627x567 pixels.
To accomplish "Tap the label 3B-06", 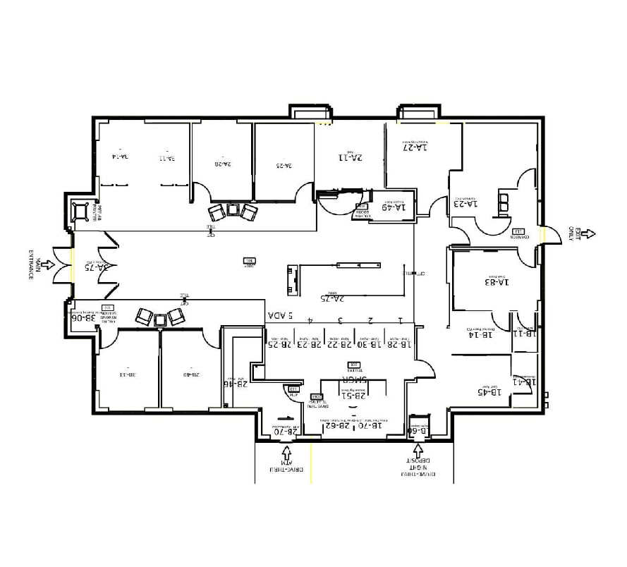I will (x=84, y=318).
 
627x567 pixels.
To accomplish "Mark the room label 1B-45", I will (x=489, y=391).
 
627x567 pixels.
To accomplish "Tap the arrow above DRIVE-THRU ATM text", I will (x=286, y=451).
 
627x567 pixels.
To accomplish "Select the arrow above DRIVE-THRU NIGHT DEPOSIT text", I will (x=418, y=451).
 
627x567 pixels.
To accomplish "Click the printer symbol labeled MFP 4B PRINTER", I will (x=82, y=211).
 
